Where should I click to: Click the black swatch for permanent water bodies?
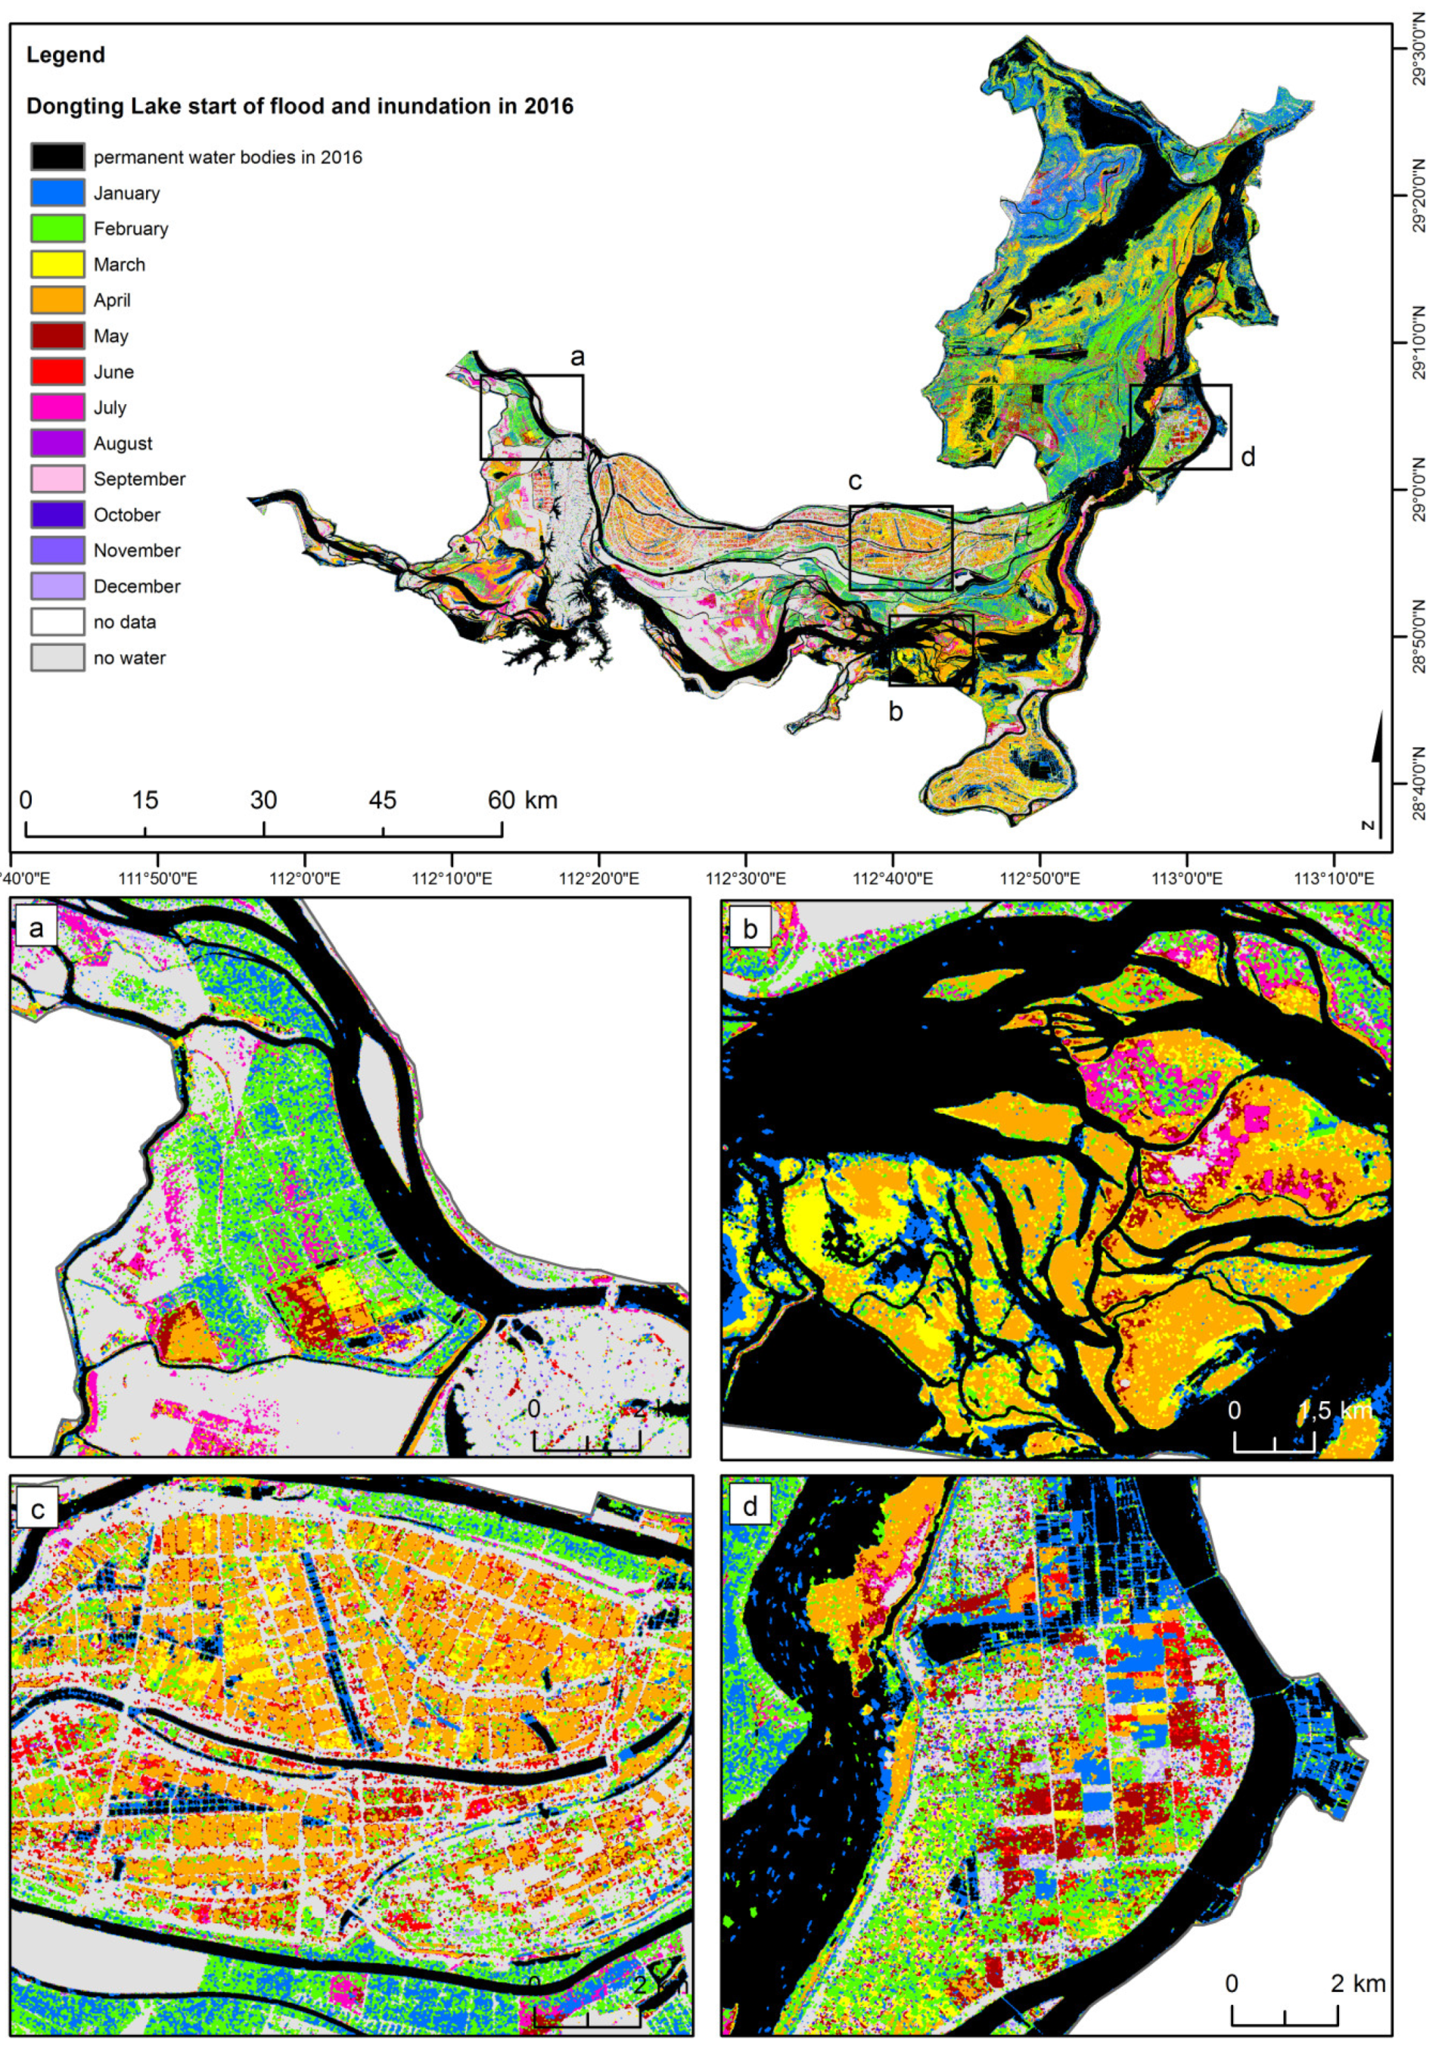pos(58,157)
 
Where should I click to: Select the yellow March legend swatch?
pos(58,265)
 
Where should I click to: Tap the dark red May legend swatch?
pos(58,336)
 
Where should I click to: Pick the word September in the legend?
pos(139,479)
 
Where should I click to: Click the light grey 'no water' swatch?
pos(58,658)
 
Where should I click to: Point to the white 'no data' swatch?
pos(58,622)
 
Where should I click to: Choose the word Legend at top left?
pos(66,55)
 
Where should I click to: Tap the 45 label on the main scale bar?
pos(383,800)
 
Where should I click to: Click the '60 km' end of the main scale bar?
pos(522,800)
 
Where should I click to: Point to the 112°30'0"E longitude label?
pos(744,879)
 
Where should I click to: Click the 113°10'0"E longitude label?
pos(1333,879)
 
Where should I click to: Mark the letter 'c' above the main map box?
pos(855,482)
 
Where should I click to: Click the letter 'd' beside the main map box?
pos(1248,457)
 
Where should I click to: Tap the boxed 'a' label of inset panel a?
pos(36,928)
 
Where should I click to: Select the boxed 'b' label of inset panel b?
pos(750,929)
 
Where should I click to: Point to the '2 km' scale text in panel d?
pos(1358,1984)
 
